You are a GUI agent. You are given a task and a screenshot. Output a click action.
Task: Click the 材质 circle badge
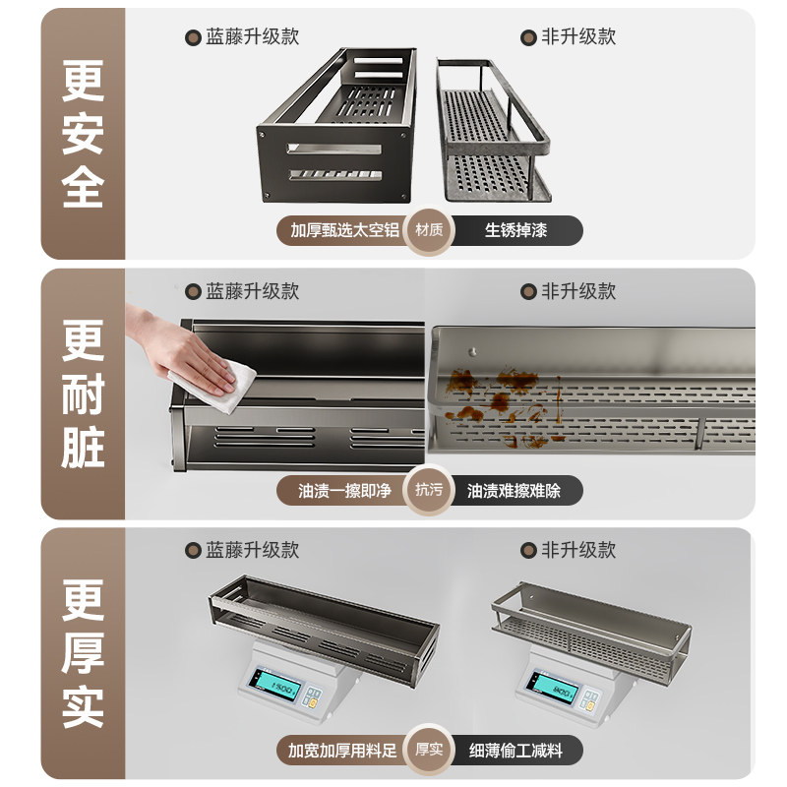[429, 230]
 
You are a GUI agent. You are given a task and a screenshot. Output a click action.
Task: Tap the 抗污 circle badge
[429, 490]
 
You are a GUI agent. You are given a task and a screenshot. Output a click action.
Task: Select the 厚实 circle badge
[429, 750]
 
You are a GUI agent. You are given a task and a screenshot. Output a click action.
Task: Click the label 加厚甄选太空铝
[344, 230]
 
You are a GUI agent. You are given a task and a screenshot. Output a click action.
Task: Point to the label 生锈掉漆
[515, 230]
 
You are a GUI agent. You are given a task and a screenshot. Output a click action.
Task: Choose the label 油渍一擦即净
[344, 490]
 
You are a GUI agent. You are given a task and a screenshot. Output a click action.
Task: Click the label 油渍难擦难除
[514, 490]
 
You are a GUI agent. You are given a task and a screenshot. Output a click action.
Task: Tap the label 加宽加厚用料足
[342, 751]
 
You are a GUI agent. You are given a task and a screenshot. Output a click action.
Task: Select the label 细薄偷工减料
[515, 751]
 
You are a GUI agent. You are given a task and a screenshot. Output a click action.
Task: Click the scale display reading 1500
[277, 685]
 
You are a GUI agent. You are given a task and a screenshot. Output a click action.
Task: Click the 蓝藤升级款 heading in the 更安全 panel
[252, 37]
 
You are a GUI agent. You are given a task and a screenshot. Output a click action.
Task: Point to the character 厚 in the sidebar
[83, 652]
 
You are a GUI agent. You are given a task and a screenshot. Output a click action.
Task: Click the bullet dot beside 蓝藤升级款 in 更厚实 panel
[193, 551]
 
